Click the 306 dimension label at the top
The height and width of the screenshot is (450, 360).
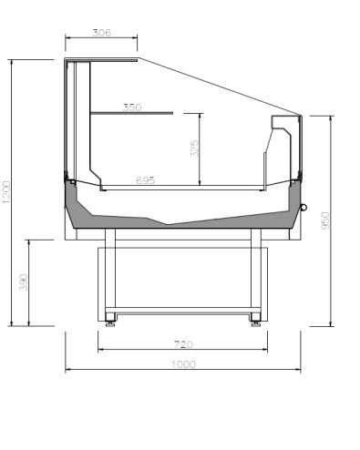click(x=102, y=33)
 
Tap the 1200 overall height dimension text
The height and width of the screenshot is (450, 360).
click(x=6, y=192)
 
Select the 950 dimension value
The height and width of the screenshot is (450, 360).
click(x=325, y=220)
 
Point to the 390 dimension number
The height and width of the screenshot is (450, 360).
click(x=24, y=282)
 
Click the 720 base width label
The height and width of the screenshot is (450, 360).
click(x=183, y=344)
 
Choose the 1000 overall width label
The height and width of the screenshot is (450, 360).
click(x=183, y=364)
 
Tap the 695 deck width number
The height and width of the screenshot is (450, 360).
click(x=145, y=180)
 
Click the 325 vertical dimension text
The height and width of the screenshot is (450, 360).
click(x=194, y=148)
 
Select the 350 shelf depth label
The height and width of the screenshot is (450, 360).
click(x=132, y=107)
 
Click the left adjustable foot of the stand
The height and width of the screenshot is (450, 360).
click(x=110, y=322)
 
